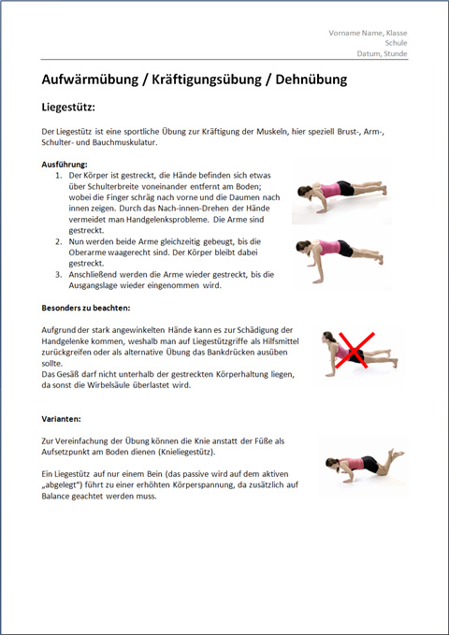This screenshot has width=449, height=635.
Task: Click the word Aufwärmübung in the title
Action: click(x=90, y=79)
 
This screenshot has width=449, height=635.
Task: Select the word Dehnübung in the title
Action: click(x=311, y=79)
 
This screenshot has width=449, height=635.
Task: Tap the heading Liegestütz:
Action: click(x=68, y=108)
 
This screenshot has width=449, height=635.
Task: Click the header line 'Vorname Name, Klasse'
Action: click(x=368, y=33)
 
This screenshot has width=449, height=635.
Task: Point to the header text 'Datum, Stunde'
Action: click(x=382, y=53)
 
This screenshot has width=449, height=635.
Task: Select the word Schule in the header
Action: click(x=396, y=43)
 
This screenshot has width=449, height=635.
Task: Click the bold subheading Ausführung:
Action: click(x=65, y=165)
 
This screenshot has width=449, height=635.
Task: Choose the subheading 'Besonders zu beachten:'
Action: click(x=86, y=308)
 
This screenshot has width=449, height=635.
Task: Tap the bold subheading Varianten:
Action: click(x=61, y=419)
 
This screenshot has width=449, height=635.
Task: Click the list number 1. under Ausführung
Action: click(x=59, y=176)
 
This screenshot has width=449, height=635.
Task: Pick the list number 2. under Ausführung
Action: click(x=59, y=242)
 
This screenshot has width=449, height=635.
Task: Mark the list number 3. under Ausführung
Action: click(x=59, y=275)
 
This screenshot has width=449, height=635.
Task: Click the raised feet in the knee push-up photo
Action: click(x=396, y=454)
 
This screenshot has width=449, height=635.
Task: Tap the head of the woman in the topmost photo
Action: click(x=304, y=191)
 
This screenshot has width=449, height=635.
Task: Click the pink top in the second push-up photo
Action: click(x=329, y=247)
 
